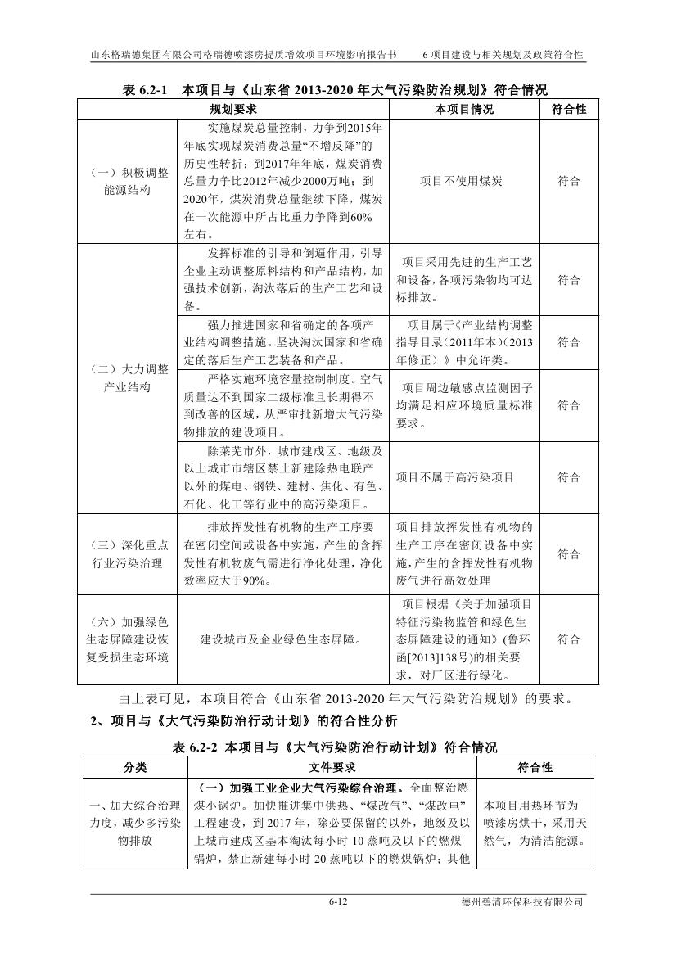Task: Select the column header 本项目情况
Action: tap(464, 110)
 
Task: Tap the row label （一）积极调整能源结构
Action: tap(128, 181)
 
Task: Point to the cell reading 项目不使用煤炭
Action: tap(464, 181)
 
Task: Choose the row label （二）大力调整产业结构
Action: tap(128, 378)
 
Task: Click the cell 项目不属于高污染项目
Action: tap(464, 477)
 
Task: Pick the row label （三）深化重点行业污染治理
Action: tap(128, 554)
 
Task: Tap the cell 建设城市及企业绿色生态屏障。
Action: tap(282, 639)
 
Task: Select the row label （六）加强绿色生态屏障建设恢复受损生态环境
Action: tap(128, 639)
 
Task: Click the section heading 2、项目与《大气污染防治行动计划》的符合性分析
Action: tap(243, 721)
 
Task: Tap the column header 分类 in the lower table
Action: tap(136, 768)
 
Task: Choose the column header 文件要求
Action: tap(332, 768)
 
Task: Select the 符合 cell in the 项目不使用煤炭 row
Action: tap(569, 181)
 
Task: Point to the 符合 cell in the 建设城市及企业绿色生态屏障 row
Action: tap(569, 639)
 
